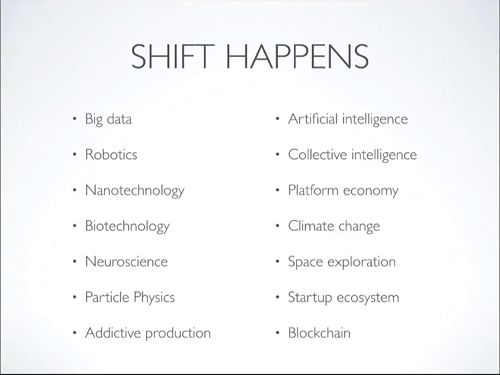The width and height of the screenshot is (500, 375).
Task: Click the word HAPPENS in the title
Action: click(x=297, y=56)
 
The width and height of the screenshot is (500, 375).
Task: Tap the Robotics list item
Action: click(x=111, y=154)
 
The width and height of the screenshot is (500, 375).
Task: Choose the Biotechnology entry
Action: click(x=127, y=227)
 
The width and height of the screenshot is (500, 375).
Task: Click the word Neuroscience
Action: click(x=126, y=262)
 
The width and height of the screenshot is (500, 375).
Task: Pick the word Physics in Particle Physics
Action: click(x=154, y=298)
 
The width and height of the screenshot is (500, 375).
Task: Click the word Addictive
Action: click(x=113, y=332)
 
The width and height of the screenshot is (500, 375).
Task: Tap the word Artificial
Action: click(x=313, y=119)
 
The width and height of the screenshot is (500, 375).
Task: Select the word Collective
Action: click(x=317, y=154)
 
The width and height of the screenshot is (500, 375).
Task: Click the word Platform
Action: click(x=313, y=190)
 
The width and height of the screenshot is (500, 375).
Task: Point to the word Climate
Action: click(x=311, y=226)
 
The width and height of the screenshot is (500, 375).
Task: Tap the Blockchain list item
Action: click(x=319, y=332)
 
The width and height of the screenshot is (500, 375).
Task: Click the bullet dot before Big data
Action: click(x=75, y=119)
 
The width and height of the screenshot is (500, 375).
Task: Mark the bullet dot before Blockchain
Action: click(x=277, y=333)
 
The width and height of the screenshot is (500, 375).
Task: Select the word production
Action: click(x=178, y=333)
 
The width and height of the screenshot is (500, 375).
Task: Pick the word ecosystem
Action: click(x=368, y=298)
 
